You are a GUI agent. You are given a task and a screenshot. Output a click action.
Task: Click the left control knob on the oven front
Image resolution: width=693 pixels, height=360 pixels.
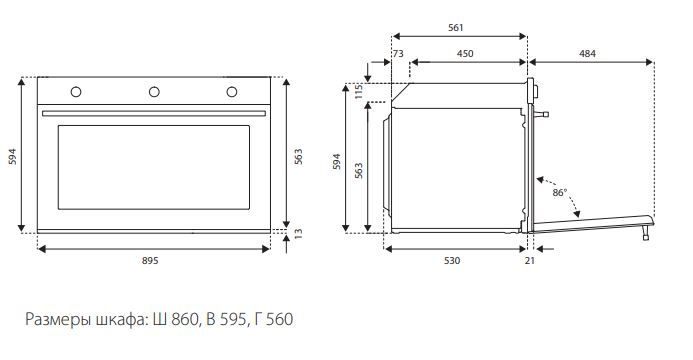(x=76, y=92)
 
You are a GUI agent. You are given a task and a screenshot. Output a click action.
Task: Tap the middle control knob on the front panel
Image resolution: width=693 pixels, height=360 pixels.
(x=154, y=92)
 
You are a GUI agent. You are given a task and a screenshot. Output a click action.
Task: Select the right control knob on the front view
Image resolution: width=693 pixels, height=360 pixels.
(x=232, y=92)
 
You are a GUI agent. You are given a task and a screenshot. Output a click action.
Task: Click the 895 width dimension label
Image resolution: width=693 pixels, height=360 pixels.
(x=150, y=261)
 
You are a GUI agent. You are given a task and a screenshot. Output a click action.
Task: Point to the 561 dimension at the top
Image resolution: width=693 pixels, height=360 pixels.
(x=456, y=27)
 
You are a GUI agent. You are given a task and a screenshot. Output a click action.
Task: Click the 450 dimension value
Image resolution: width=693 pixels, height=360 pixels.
(x=465, y=53)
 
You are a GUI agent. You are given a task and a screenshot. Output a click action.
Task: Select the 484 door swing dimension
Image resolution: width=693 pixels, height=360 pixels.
(x=587, y=53)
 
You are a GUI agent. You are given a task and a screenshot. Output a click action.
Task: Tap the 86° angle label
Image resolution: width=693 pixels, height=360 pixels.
(x=559, y=193)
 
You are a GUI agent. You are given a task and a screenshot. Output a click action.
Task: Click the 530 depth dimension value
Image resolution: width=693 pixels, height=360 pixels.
(x=452, y=261)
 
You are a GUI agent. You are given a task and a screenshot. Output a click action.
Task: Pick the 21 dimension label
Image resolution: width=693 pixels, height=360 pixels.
(x=529, y=261)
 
